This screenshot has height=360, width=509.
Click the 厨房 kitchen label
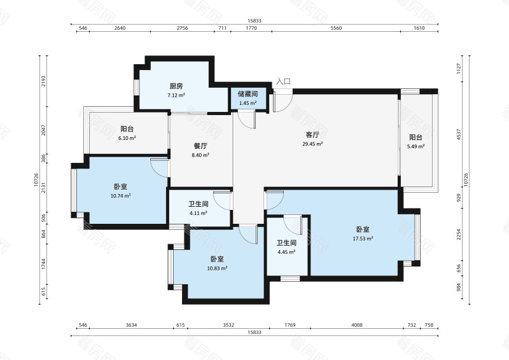(x=176, y=86)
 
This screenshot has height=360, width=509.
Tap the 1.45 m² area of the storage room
(x=248, y=103)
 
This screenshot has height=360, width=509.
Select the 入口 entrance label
(x=283, y=81)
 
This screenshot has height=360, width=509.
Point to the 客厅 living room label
(x=312, y=135)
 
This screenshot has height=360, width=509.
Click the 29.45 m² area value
(x=312, y=144)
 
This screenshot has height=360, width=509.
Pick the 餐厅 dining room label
(x=200, y=146)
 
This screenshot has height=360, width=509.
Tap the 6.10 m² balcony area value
(x=127, y=138)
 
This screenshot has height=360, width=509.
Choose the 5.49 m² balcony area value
(x=416, y=146)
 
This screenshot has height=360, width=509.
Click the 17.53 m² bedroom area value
(x=363, y=239)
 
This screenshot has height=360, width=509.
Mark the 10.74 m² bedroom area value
(x=120, y=196)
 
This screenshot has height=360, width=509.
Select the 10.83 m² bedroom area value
(x=217, y=268)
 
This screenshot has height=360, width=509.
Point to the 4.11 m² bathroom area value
(x=199, y=213)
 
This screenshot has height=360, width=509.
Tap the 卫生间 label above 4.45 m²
(x=286, y=243)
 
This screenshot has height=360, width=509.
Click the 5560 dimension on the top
(x=336, y=28)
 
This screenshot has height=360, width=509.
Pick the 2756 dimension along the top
(x=182, y=28)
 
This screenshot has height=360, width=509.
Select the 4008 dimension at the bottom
(x=357, y=325)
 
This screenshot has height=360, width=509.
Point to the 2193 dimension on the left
(x=43, y=81)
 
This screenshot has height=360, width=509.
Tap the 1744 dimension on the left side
(x=43, y=264)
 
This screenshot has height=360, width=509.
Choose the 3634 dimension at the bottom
(x=131, y=325)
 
